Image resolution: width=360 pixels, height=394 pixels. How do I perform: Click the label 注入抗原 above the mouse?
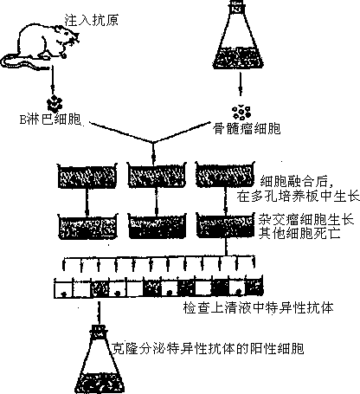click(91, 21)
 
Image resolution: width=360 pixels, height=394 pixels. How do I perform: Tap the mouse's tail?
click(17, 62)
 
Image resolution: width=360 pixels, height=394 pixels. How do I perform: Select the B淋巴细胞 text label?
click(50, 119)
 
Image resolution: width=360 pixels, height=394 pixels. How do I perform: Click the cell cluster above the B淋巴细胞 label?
click(55, 103)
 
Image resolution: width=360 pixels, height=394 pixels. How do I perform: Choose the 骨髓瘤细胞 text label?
click(247, 128)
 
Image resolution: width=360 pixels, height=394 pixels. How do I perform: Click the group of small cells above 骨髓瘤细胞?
click(241, 113)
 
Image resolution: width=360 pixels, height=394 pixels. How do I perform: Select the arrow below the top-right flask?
click(240, 84)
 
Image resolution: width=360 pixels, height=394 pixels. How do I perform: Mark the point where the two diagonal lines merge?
click(153, 142)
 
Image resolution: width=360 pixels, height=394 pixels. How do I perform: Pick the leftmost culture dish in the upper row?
click(87, 176)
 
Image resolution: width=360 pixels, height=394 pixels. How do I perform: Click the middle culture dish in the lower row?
click(157, 226)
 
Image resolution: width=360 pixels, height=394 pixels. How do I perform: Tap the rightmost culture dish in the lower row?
click(226, 225)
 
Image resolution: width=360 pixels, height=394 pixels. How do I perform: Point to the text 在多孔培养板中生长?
click(298, 197)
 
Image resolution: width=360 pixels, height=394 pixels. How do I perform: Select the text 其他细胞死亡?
click(299, 233)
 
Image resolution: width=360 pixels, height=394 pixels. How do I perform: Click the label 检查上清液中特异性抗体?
click(258, 307)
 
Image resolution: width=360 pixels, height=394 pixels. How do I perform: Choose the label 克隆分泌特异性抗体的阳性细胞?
click(208, 348)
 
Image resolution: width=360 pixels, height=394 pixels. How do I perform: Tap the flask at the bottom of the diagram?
click(99, 359)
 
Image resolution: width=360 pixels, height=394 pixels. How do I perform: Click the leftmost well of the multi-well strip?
click(63, 288)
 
